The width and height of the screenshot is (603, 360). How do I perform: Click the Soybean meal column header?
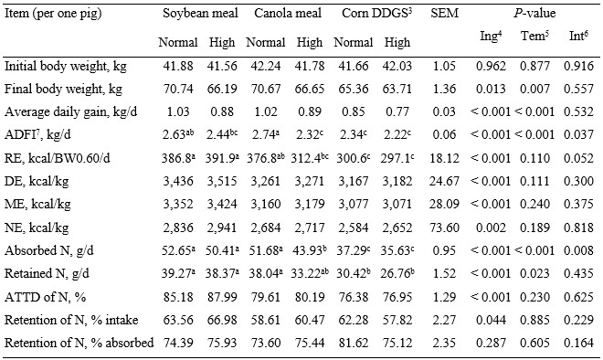click(200, 14)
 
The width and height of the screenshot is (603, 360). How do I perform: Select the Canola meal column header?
click(288, 14)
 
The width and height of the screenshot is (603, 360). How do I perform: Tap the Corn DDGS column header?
click(376, 14)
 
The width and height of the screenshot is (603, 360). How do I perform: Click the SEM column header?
click(445, 14)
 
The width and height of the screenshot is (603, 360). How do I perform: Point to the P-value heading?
click(534, 14)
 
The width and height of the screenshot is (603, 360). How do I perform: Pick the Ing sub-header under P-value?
click(492, 37)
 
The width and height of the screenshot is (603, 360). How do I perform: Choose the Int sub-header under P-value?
click(578, 37)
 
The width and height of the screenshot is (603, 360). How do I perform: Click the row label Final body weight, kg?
click(63, 90)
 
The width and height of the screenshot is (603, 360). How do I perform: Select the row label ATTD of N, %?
click(45, 297)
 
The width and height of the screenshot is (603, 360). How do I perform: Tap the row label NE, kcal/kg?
click(37, 228)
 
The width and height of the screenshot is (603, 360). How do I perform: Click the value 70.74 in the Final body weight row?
click(178, 89)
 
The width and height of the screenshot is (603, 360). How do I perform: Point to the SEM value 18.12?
click(444, 158)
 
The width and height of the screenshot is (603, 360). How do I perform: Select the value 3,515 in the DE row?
click(222, 181)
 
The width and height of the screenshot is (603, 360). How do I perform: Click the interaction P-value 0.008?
click(578, 250)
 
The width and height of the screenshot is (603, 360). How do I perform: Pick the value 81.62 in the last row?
click(353, 343)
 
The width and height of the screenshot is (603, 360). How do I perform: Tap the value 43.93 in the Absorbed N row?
click(309, 250)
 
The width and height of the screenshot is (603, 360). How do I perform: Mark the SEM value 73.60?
click(444, 228)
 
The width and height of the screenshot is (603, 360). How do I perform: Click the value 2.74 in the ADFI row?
click(266, 134)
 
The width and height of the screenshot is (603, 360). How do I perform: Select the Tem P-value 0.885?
click(534, 320)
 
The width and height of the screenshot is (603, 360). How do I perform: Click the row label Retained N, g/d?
click(47, 273)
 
